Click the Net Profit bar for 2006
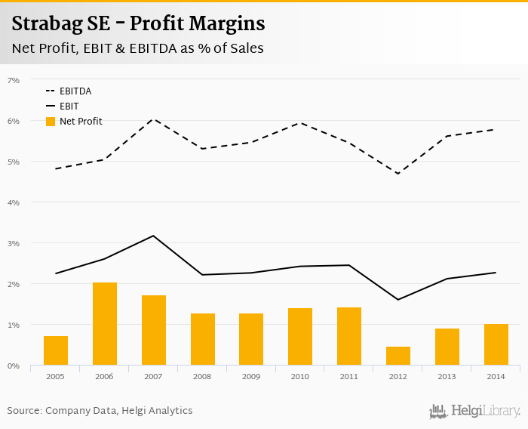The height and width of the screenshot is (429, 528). click(104, 324)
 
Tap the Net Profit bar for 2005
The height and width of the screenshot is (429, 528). click(56, 350)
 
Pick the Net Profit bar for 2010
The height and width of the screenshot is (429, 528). click(300, 337)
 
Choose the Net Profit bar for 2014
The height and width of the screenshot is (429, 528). click(496, 344)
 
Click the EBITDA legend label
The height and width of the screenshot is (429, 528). click(75, 91)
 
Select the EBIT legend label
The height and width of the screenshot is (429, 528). click(69, 106)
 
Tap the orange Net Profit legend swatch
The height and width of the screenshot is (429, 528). click(51, 122)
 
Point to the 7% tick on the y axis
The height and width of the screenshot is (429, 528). click(14, 80)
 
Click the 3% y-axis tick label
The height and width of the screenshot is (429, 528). click(14, 243)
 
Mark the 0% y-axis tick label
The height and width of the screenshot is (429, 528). click(14, 366)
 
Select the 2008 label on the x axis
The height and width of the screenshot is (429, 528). click(202, 375)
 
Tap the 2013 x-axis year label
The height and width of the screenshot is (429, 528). click(447, 375)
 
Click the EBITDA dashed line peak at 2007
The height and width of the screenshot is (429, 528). click(153, 119)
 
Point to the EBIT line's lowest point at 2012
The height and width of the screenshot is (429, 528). click(398, 300)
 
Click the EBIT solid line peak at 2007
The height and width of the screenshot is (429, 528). click(153, 236)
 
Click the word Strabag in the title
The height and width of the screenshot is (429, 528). click(48, 24)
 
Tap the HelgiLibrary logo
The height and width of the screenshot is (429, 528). click(475, 411)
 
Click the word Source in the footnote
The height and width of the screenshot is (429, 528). click(24, 411)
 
